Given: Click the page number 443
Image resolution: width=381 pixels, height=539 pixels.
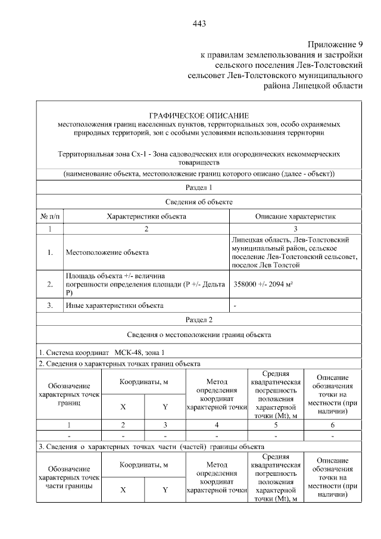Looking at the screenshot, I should point(199,24).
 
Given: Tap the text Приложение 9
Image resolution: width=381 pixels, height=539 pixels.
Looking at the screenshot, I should point(335,45).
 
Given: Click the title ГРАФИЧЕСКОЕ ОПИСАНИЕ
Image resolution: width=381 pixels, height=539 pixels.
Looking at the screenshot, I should point(199,115).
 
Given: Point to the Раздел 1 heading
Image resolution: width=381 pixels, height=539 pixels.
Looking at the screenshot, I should point(199,188).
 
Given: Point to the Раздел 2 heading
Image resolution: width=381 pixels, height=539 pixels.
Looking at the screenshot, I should point(199,320).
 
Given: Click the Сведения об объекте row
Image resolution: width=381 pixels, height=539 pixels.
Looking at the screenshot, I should point(199,202).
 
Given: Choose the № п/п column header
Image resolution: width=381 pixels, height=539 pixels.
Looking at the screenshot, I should point(51,216).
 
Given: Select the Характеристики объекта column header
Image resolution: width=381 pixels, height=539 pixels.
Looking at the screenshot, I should point(146,216).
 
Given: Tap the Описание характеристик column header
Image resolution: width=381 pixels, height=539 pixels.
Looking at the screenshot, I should point(296,216).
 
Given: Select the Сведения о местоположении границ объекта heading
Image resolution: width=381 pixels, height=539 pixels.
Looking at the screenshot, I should point(199,335).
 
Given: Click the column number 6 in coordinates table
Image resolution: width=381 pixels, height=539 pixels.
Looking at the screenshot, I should point(332,425).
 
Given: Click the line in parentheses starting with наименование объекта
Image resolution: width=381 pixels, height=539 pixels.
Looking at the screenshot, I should point(199,174).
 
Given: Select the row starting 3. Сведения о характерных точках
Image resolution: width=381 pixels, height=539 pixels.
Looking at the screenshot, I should point(151,446).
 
